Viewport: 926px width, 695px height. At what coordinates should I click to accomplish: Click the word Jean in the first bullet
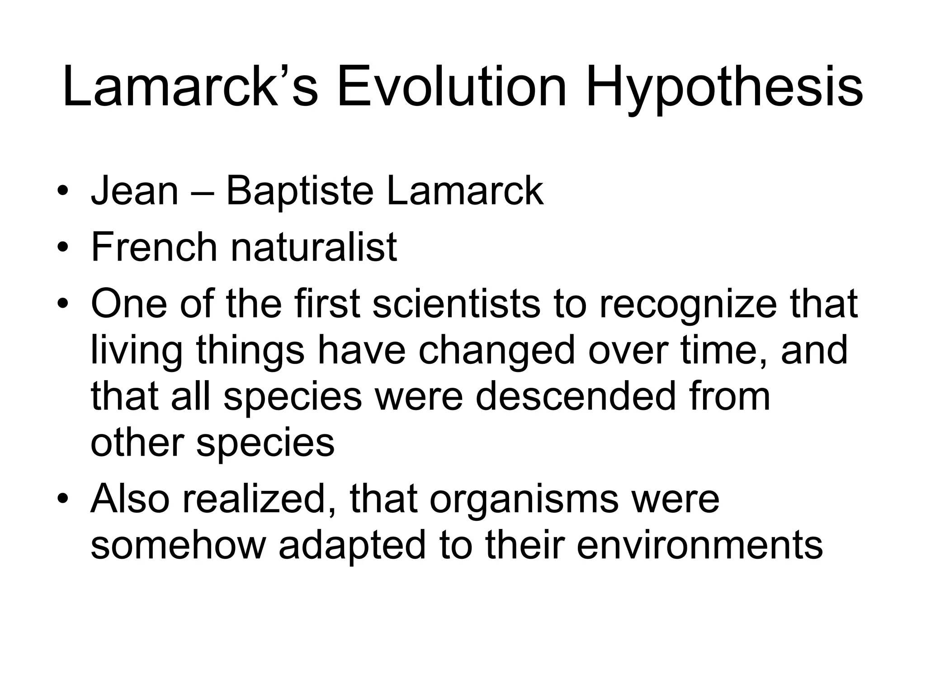coord(135,191)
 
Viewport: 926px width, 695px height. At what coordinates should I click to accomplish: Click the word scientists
coord(456,304)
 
